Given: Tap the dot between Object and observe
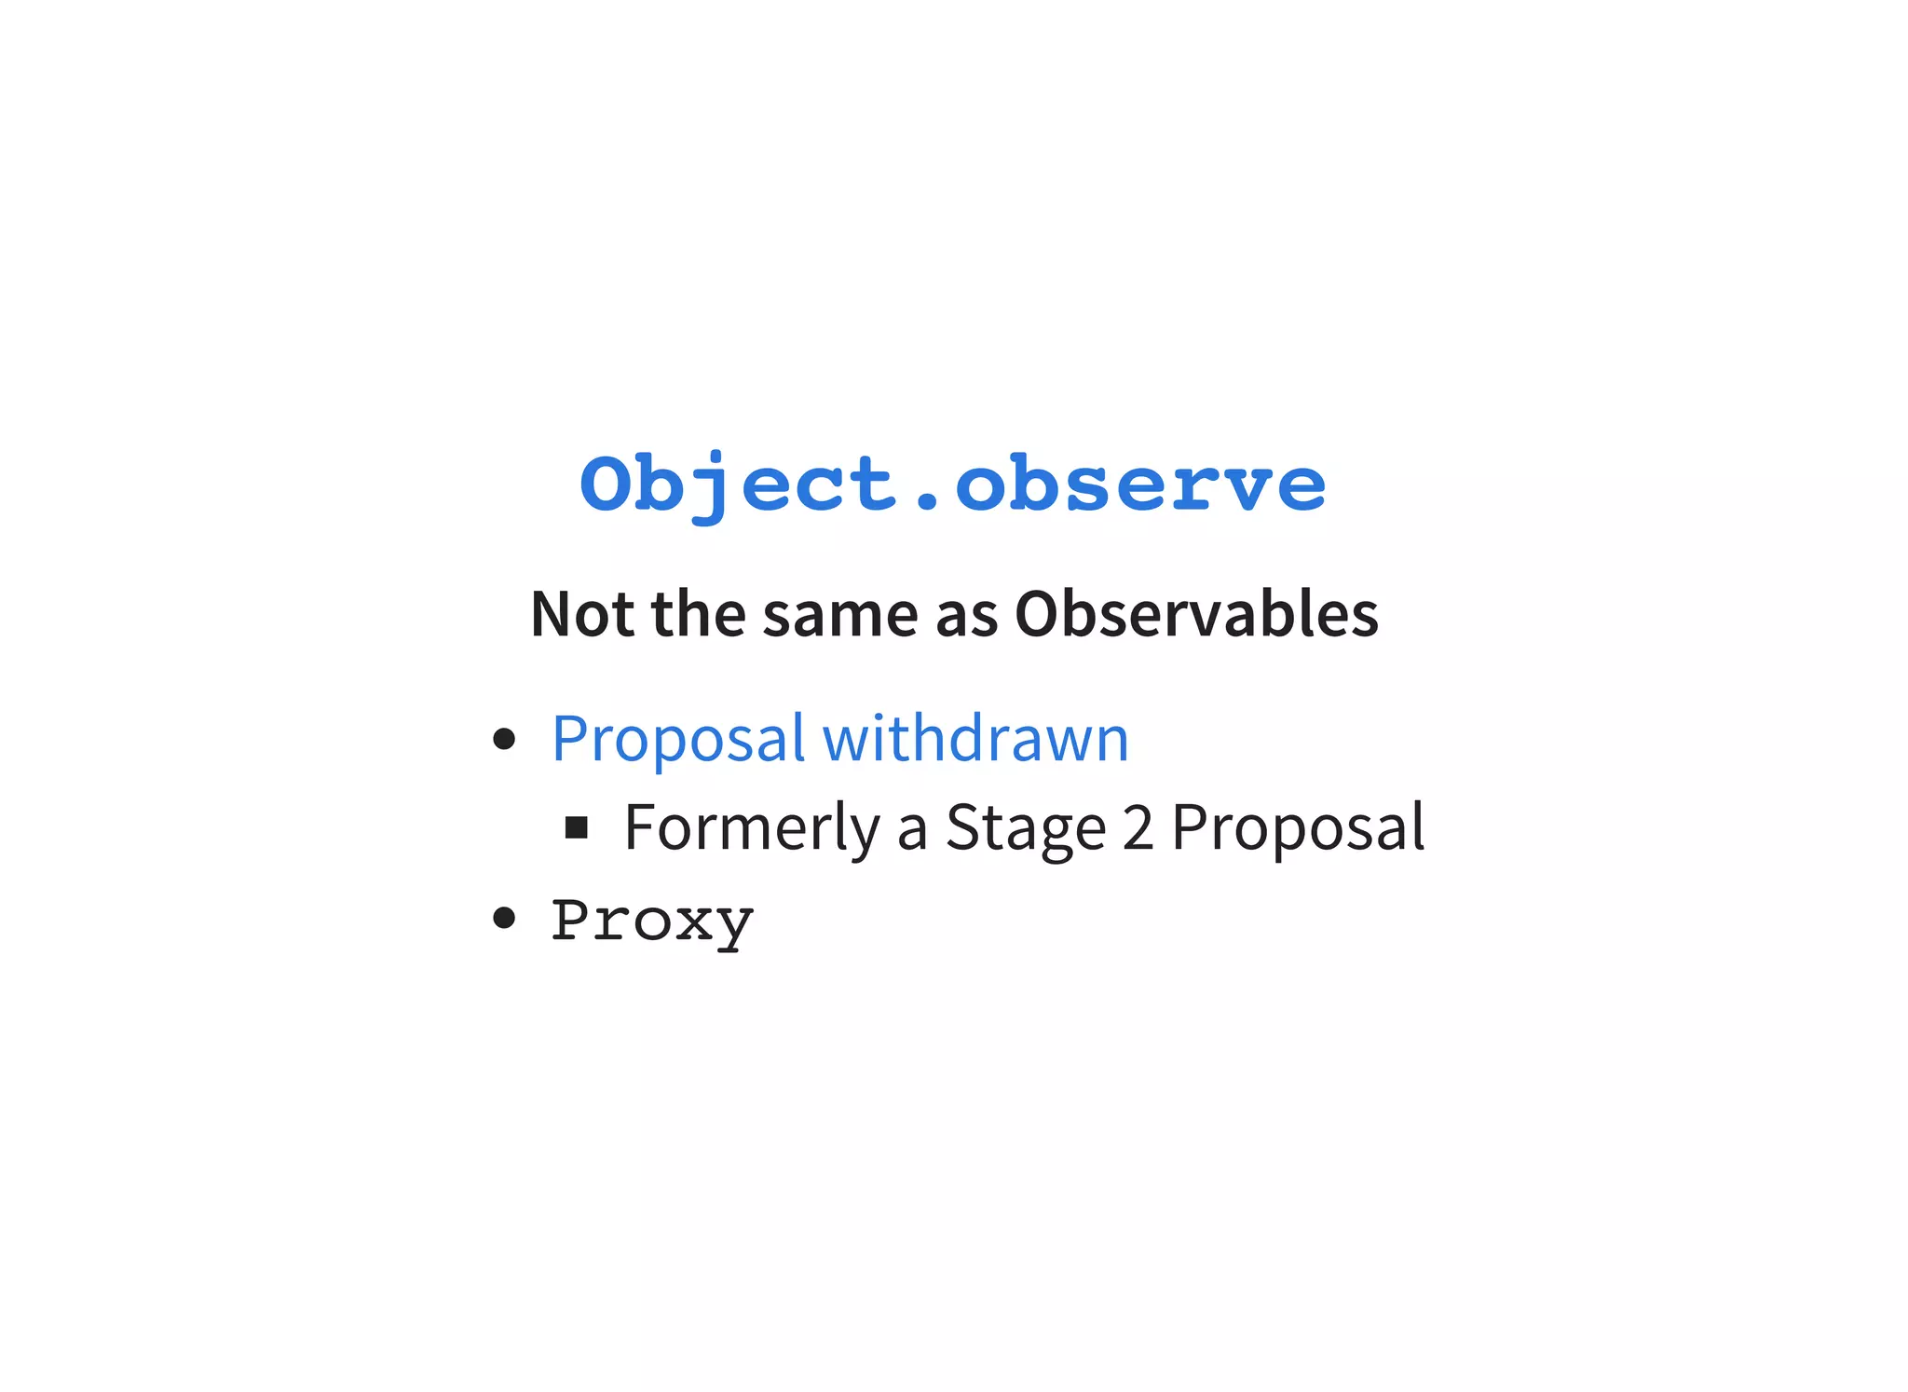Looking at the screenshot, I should point(926,504).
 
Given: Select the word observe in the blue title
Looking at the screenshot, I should point(1140,484).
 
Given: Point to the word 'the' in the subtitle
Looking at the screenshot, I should point(698,615).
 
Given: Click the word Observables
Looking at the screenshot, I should point(1195,615).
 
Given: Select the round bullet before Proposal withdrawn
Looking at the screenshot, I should point(504,739).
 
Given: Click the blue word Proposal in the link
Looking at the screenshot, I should point(677,739).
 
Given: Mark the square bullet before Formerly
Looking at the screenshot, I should point(577,827).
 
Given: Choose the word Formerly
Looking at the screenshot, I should point(751,827).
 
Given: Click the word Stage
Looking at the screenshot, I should point(1025,827).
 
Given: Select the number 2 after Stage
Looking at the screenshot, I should point(1138,827).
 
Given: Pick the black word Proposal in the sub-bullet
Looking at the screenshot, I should point(1297,827).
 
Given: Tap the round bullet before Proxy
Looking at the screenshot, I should point(504,918).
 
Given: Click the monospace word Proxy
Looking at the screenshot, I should point(652,921).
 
